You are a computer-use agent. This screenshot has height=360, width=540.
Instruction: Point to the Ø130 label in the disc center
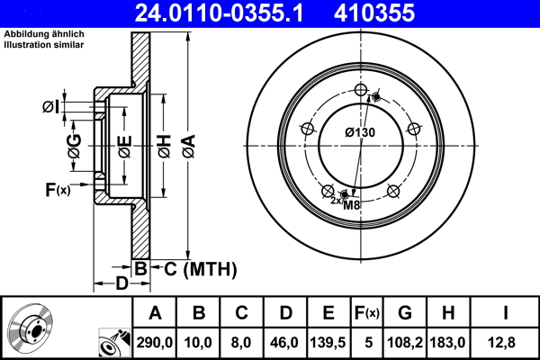pos(359,132)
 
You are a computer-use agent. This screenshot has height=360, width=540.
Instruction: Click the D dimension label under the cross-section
pos(121,284)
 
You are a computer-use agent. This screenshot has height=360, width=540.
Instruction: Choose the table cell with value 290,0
pos(155,344)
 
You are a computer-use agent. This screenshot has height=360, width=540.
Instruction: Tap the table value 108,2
pos(405,344)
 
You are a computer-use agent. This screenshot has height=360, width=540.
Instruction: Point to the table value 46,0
pos(285,344)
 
